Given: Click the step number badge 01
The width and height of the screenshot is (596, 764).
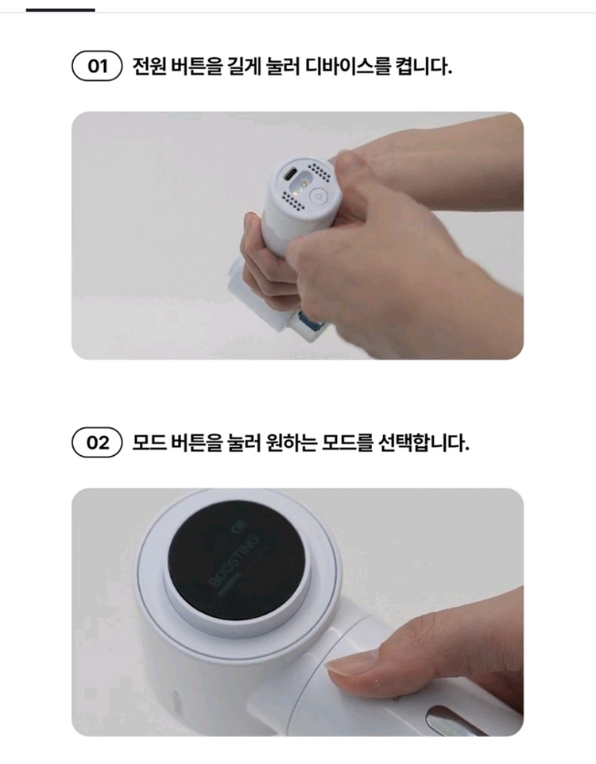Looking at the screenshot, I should click(96, 66).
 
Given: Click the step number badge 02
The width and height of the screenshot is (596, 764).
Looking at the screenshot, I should click(96, 442).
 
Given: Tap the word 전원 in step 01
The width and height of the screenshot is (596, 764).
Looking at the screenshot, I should click(147, 66).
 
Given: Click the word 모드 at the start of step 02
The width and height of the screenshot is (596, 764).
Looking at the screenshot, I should click(147, 442).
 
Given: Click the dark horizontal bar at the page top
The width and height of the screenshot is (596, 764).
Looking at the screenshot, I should click(60, 10).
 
